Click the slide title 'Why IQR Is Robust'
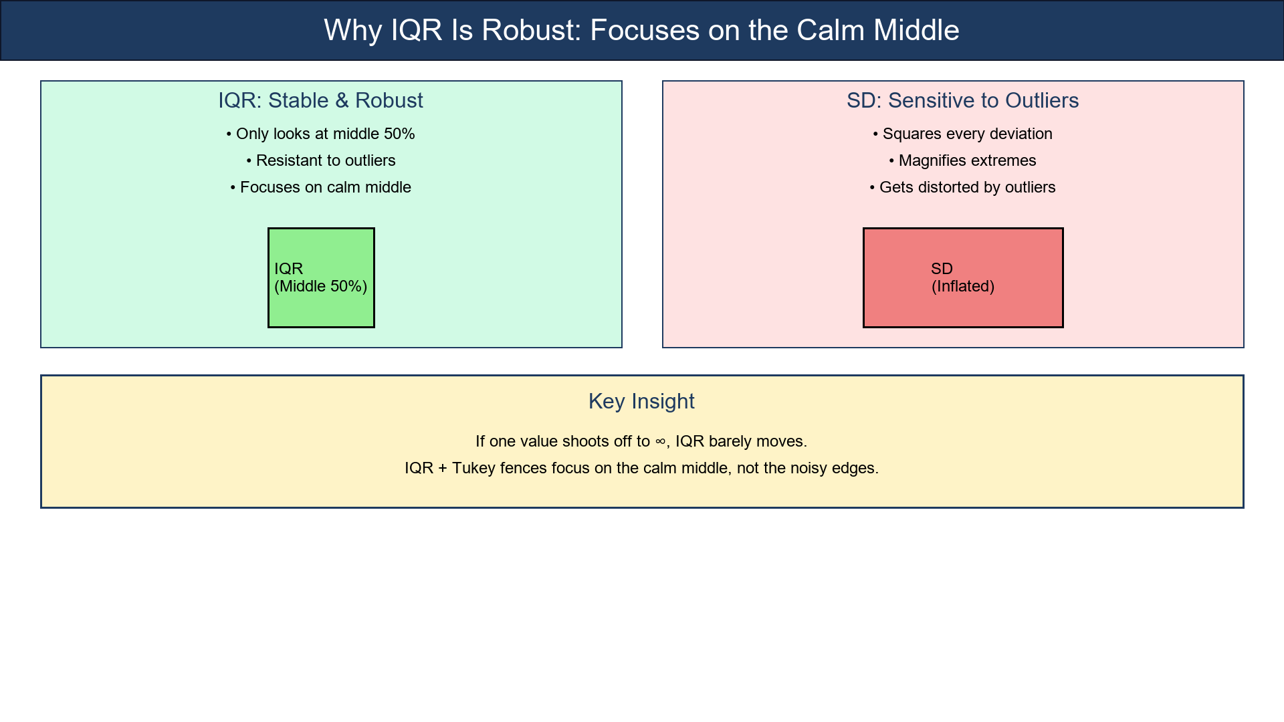coord(641,31)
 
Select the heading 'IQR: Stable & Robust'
coord(320,100)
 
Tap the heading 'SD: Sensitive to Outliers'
coord(962,100)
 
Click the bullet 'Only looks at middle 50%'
coord(320,134)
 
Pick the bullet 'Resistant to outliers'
coord(320,160)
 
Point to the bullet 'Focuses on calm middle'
coord(320,187)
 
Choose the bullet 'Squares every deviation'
coord(962,134)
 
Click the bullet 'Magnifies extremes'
coord(962,160)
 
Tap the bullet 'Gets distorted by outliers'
coord(962,187)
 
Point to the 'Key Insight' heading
coord(641,401)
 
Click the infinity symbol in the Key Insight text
coord(660,442)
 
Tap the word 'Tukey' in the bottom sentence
coord(473,468)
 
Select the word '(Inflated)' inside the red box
coord(963,286)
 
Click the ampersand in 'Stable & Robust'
coord(342,100)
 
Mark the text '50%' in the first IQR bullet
coord(399,134)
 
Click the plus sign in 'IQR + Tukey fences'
coord(443,468)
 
